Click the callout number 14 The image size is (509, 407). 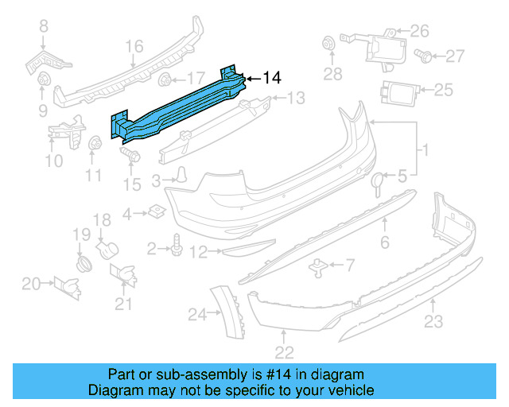pyautogui.click(x=272, y=78)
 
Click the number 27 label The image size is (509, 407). pyautogui.click(x=454, y=56)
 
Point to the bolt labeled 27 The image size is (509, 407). pyautogui.click(x=425, y=55)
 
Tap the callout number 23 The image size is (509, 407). pyautogui.click(x=433, y=321)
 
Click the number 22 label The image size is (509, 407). pyautogui.click(x=284, y=351)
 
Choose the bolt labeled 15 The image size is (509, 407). pyautogui.click(x=130, y=156)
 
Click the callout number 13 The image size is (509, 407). pyautogui.click(x=295, y=99)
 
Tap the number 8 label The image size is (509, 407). pyautogui.click(x=44, y=26)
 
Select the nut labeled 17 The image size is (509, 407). pyautogui.click(x=165, y=79)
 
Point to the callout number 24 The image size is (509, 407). pyautogui.click(x=197, y=315)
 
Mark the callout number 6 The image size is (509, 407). pyautogui.click(x=384, y=242)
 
